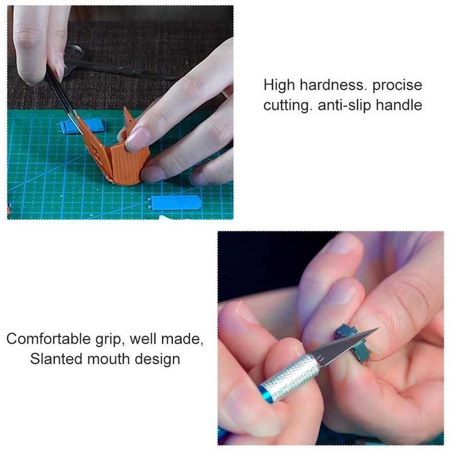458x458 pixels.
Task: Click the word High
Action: pos(278,86)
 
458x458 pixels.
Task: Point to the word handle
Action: pos(401,106)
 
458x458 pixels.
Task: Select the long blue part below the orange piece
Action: pos(175,202)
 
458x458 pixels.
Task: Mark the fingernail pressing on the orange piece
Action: pos(137,139)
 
